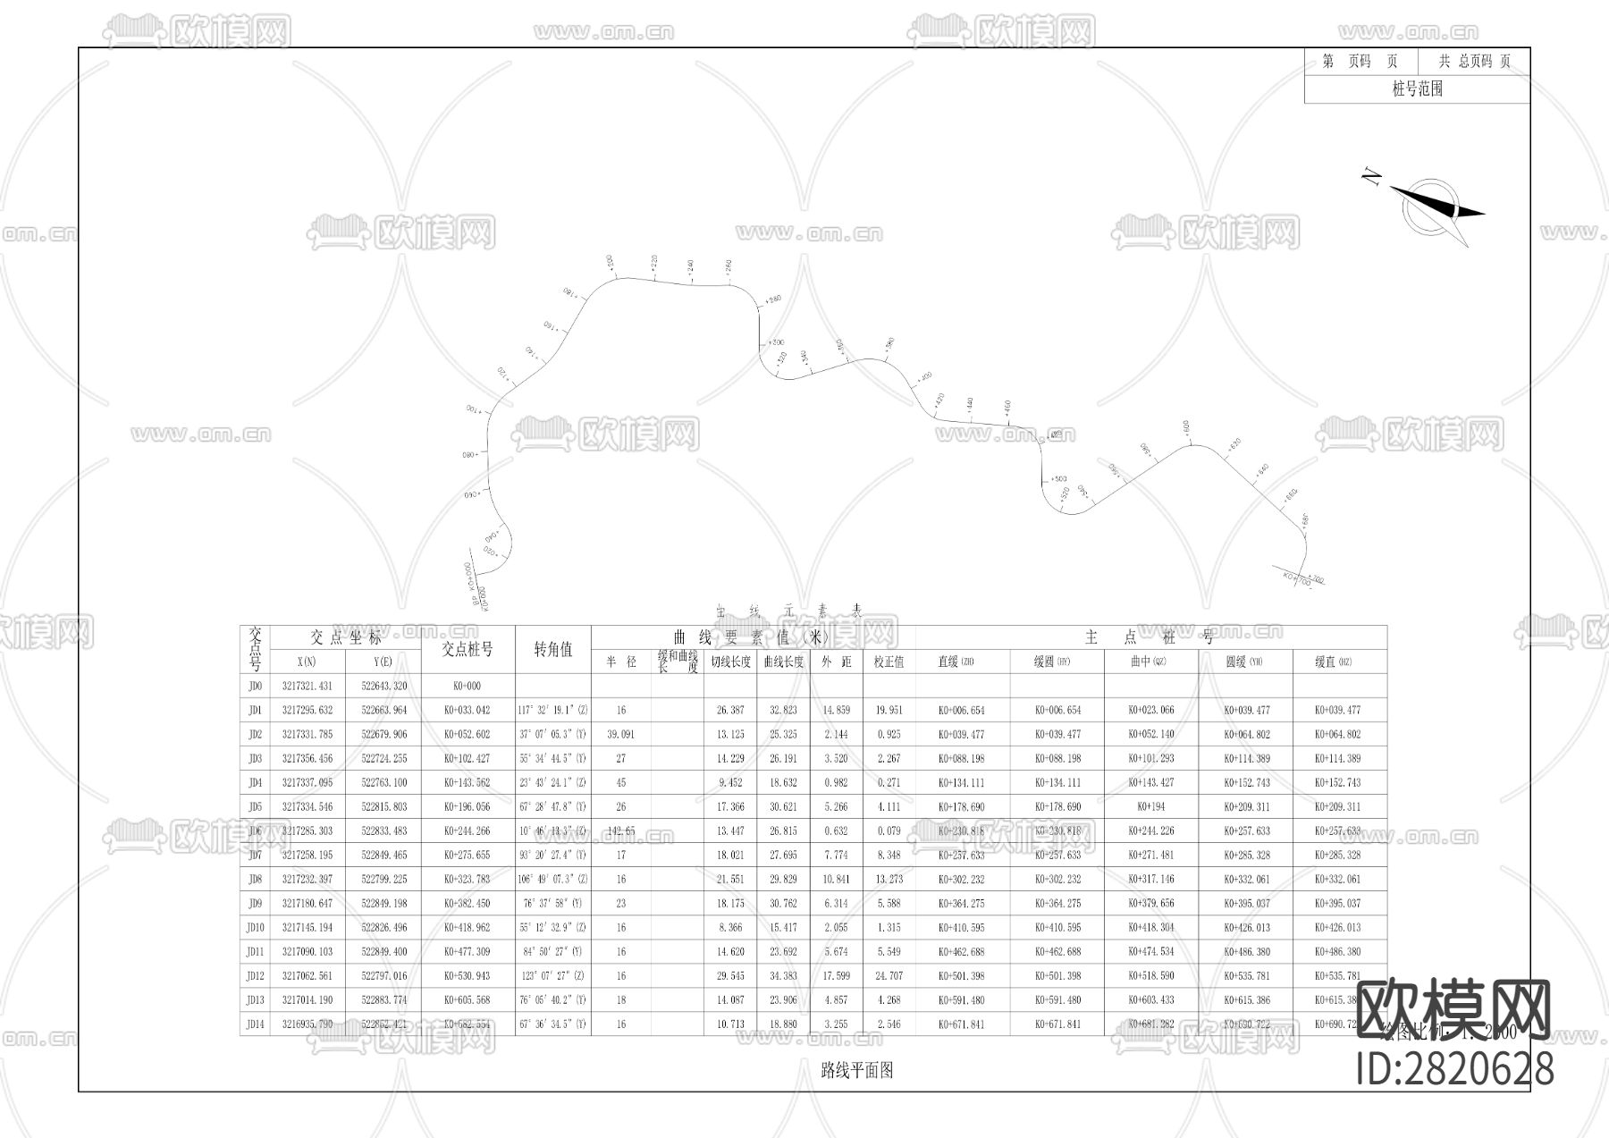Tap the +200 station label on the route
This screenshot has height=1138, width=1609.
click(610, 262)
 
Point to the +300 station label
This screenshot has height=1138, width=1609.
click(775, 342)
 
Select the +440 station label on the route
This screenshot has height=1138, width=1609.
click(970, 403)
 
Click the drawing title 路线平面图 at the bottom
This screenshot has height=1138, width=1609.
click(856, 1070)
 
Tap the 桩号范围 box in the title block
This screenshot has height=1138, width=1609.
click(1417, 89)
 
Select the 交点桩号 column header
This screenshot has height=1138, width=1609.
click(467, 650)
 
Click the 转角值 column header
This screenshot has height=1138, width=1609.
click(552, 650)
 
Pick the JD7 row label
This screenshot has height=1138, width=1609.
click(256, 856)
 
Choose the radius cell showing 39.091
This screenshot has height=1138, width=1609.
click(620, 735)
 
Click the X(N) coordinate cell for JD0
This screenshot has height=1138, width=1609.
click(307, 687)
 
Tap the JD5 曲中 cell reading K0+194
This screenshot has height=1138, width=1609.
click(1150, 807)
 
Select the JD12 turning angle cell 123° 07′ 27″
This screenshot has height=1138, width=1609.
click(552, 976)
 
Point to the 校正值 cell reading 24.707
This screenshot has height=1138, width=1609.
click(889, 976)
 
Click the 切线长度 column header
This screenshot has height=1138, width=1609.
click(729, 662)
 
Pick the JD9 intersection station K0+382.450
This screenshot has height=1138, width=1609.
click(467, 904)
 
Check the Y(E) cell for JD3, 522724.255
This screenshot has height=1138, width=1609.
click(383, 759)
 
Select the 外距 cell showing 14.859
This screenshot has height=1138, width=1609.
click(836, 711)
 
